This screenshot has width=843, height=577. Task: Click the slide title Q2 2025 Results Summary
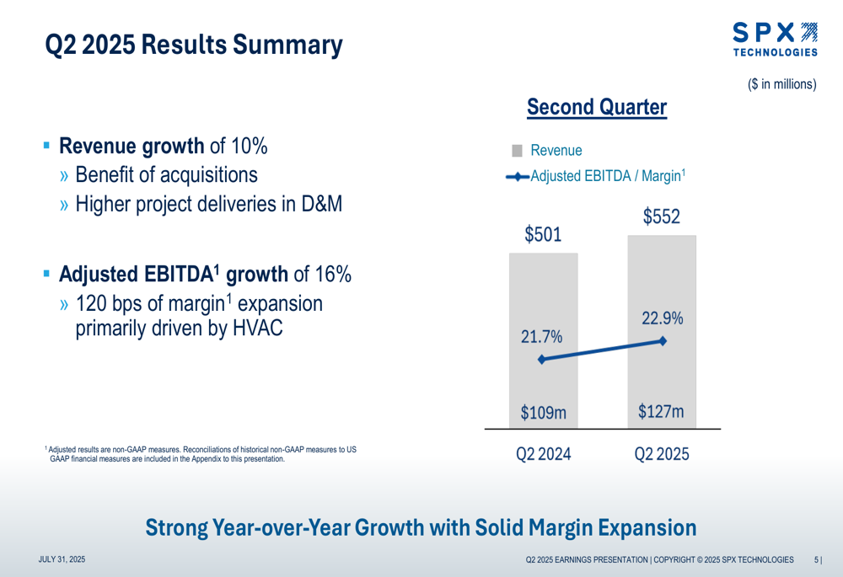click(193, 45)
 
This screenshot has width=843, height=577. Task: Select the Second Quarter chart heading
click(596, 108)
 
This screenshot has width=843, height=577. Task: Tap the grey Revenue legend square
click(518, 151)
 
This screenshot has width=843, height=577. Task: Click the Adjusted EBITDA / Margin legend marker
click(518, 176)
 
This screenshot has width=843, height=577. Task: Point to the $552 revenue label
click(661, 216)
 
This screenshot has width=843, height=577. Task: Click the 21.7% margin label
click(542, 337)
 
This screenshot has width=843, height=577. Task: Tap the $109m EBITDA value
click(543, 413)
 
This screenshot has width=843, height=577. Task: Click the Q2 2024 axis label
click(544, 455)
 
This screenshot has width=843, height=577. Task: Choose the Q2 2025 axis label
click(662, 455)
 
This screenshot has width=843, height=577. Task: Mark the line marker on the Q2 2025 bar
click(663, 341)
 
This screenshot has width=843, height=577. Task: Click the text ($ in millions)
click(781, 84)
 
